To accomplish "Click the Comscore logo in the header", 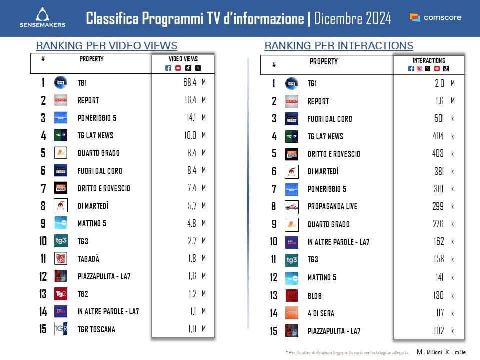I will (435, 18).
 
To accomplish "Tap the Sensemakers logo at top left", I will (42, 17).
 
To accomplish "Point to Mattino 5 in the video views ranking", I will (92, 223).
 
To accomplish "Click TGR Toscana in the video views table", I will (96, 329).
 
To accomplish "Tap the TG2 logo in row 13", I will (61, 294).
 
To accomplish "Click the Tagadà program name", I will (88, 258).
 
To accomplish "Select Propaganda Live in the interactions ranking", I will (332, 206).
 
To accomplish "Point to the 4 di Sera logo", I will (292, 313).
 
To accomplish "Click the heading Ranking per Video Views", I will (107, 46).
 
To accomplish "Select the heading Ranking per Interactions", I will (339, 46).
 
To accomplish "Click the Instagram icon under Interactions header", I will (419, 69).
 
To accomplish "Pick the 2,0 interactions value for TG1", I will (439, 83).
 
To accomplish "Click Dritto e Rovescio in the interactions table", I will (334, 154).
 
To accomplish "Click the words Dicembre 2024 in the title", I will (354, 19).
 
